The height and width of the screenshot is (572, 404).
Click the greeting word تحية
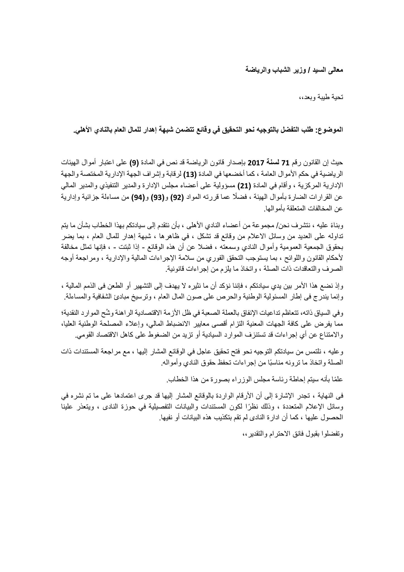point(336,98)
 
